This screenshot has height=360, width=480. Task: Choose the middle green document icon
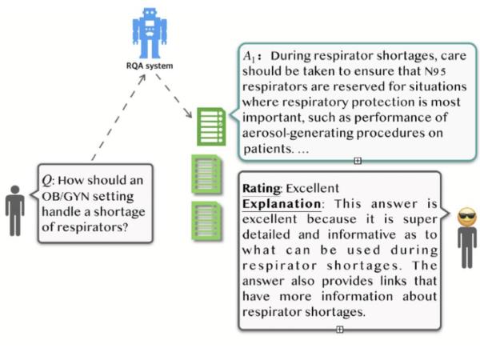pyautogui.click(x=206, y=175)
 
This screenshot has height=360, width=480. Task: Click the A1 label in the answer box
pyautogui.click(x=252, y=57)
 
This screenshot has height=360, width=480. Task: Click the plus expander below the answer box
pyautogui.click(x=357, y=161)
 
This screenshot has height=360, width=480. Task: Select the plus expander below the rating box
pyautogui.click(x=340, y=329)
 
